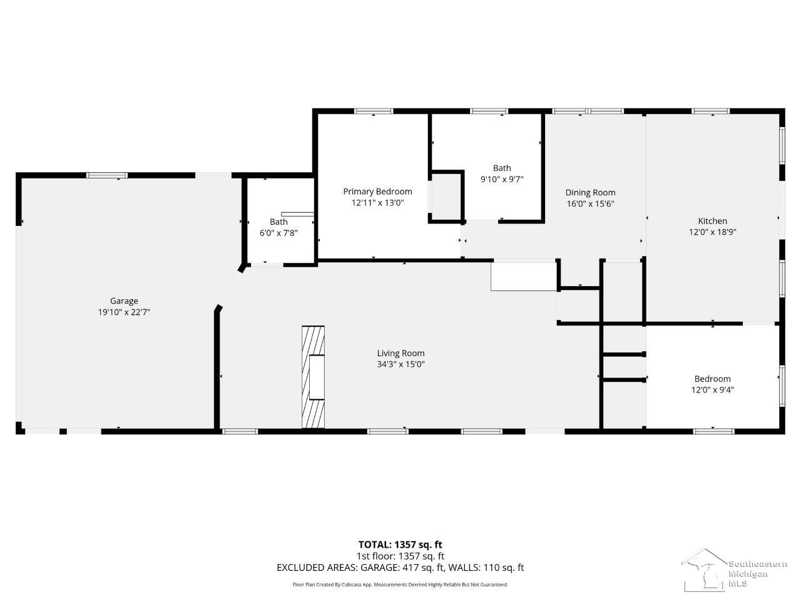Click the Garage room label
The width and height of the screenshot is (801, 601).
[124, 301]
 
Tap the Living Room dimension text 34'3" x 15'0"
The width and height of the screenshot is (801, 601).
[400, 364]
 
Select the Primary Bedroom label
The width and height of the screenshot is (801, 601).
[378, 192]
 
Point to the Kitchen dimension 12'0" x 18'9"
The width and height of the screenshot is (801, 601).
[712, 232]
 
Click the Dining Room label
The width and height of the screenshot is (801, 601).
[591, 193]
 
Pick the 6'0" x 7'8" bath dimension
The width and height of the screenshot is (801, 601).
[278, 233]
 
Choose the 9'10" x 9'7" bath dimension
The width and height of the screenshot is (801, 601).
[502, 179]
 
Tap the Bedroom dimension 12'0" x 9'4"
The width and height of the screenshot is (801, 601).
[712, 390]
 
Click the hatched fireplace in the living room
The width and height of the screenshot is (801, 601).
[313, 377]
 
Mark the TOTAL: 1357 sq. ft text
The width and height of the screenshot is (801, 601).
[400, 545]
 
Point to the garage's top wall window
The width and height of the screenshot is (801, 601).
[107, 175]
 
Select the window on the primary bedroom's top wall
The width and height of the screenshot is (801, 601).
[374, 111]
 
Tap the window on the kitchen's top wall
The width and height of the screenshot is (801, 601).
[710, 111]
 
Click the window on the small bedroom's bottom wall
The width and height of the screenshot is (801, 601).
[713, 431]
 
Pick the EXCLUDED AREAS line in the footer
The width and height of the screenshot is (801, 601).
[400, 568]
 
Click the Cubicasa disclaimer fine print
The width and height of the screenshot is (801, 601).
[400, 585]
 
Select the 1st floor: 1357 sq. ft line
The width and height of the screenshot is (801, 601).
[400, 556]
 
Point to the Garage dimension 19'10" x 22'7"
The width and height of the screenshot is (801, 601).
[124, 312]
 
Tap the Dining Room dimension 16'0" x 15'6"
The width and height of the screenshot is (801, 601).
[591, 203]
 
